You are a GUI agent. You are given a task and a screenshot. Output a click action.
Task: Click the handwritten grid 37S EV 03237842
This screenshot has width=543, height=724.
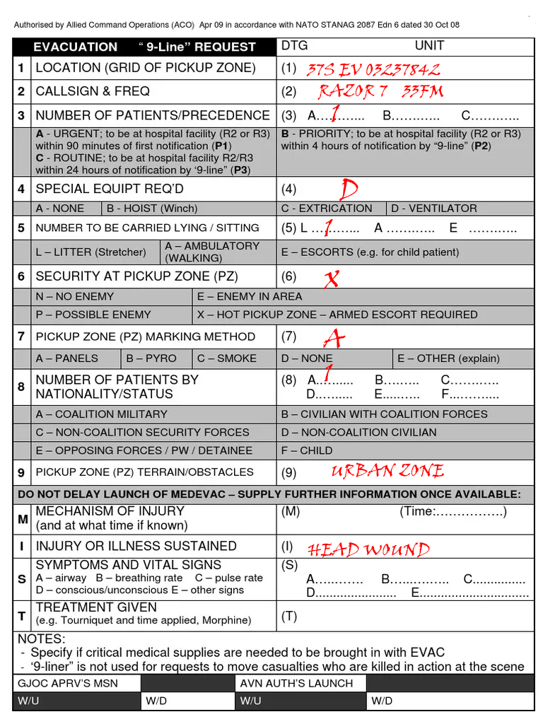[x=373, y=69]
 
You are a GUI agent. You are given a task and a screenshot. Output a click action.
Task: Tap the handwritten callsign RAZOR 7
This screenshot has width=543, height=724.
[x=353, y=91]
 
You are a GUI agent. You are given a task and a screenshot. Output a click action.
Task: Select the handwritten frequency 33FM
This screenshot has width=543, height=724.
[x=423, y=91]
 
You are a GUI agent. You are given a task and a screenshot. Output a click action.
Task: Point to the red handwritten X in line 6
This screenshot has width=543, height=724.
[x=330, y=279]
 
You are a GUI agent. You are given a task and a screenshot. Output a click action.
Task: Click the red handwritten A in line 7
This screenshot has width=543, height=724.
[x=334, y=339]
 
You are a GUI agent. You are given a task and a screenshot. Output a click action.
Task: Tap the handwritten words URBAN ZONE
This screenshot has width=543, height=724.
[x=387, y=471]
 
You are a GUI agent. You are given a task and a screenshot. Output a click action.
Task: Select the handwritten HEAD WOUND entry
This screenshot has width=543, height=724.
[x=368, y=549]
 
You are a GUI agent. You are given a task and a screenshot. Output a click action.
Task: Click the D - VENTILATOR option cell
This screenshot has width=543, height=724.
[x=433, y=209]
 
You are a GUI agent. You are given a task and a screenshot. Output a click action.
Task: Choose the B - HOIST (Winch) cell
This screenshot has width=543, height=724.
[x=152, y=209]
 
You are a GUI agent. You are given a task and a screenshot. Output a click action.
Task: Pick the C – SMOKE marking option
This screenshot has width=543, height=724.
[x=227, y=358]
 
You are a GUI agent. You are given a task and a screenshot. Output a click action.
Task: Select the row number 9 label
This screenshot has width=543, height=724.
[x=23, y=472]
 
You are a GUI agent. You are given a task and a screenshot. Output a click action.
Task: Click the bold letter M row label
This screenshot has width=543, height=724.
[x=23, y=519]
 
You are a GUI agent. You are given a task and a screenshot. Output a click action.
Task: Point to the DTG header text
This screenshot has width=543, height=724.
[x=295, y=46]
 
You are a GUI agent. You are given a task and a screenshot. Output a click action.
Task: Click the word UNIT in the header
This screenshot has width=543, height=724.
[x=429, y=46]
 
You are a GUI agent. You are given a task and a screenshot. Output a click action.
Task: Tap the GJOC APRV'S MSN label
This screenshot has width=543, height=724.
[x=68, y=683]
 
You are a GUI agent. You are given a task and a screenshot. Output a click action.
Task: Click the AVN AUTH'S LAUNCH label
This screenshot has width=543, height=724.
[x=296, y=683]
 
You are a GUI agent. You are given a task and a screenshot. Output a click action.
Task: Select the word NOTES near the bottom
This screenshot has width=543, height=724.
[x=41, y=639]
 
